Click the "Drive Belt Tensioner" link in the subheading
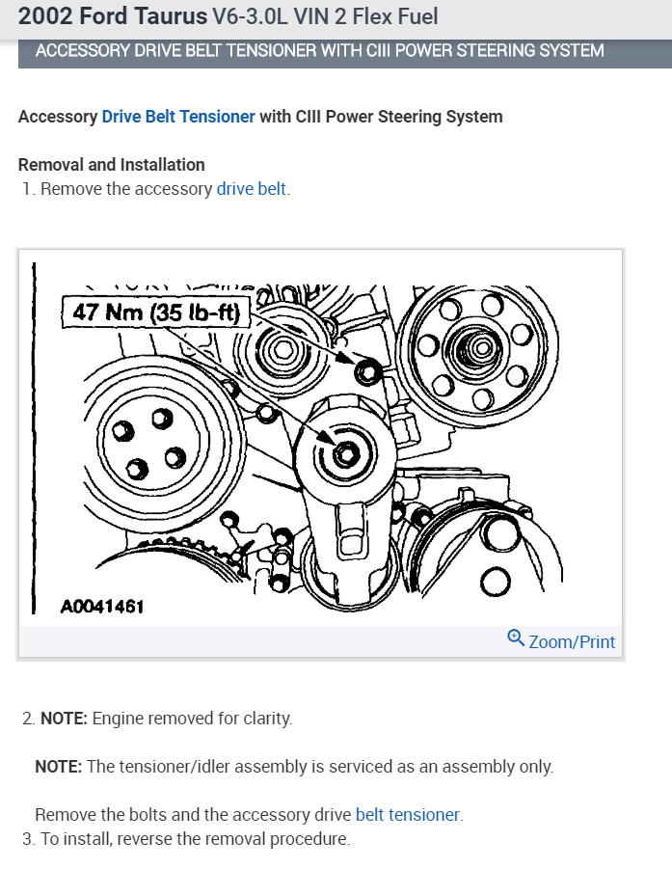point(178,117)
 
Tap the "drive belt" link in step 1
point(251,189)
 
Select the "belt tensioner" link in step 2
point(408,815)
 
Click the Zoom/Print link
point(571,641)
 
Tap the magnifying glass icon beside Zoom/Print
point(516,638)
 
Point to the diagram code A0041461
point(101,607)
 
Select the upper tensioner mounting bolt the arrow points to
point(365,370)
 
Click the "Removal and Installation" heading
point(112,165)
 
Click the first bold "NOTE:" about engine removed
point(64,719)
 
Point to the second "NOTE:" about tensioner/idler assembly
point(59,767)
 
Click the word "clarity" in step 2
point(263,719)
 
